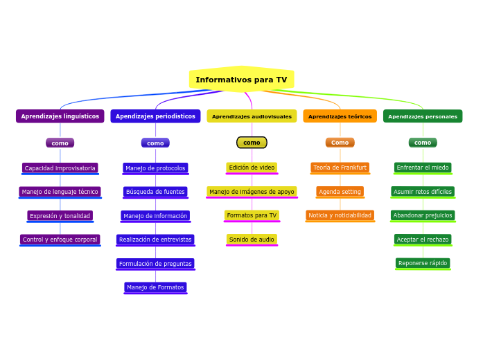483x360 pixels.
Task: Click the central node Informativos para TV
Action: click(x=241, y=80)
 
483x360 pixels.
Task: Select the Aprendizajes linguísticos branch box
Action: click(x=60, y=116)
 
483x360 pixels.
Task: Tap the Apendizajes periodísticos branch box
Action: click(x=155, y=116)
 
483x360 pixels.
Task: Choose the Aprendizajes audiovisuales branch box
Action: click(x=252, y=116)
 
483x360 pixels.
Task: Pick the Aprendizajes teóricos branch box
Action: click(x=340, y=116)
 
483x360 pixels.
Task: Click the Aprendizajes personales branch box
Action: click(x=423, y=116)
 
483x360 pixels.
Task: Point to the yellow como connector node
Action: click(x=252, y=143)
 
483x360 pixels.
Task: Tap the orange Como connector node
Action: click(x=340, y=143)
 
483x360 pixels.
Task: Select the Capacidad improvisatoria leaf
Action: click(x=60, y=168)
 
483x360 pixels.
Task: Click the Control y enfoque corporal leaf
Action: click(x=60, y=240)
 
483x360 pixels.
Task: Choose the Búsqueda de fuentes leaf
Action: click(x=155, y=192)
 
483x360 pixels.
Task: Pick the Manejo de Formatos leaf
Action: click(x=155, y=287)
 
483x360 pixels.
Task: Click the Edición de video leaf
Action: click(x=252, y=168)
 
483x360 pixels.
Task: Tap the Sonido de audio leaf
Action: click(x=252, y=240)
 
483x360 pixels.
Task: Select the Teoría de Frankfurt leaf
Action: click(x=340, y=168)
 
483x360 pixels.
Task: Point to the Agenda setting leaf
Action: click(x=340, y=192)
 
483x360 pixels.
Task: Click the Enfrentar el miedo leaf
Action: click(x=423, y=168)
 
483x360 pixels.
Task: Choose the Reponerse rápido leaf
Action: click(x=423, y=263)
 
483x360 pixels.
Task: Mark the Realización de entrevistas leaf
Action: click(x=155, y=240)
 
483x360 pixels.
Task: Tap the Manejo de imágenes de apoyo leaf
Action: click(x=252, y=192)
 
